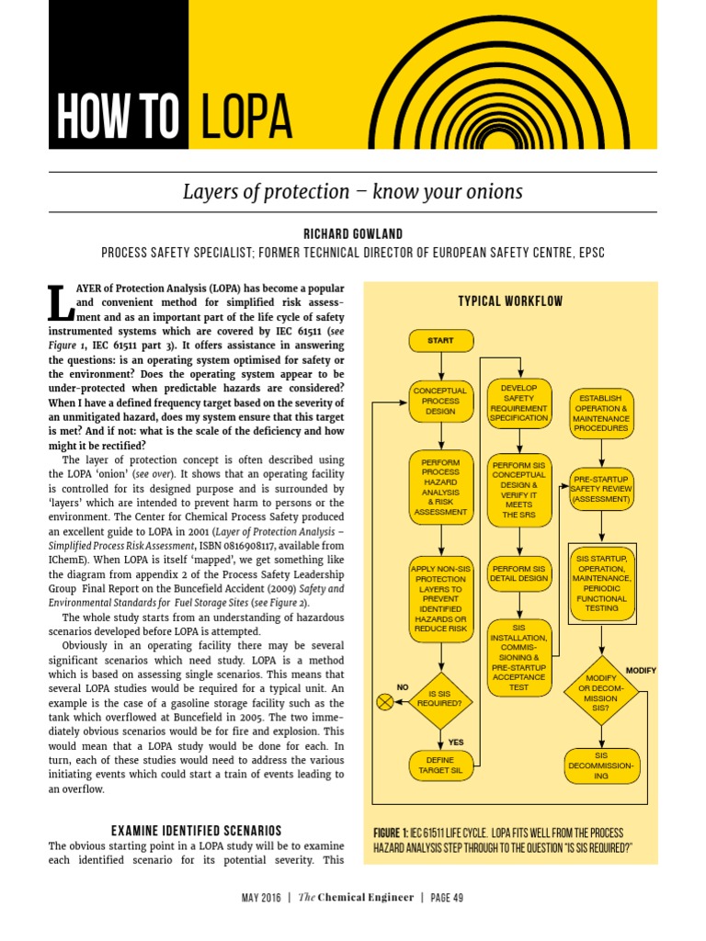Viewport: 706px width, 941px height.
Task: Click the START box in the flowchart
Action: (440, 341)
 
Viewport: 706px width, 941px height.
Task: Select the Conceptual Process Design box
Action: (440, 402)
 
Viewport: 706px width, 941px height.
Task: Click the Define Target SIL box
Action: (440, 765)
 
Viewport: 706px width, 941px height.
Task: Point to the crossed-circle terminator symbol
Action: (385, 703)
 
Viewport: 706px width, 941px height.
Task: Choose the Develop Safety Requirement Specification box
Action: (519, 402)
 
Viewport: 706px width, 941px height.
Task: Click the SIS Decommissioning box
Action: (600, 765)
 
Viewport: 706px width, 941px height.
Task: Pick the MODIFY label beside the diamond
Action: (641, 671)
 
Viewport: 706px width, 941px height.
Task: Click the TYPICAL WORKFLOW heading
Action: (510, 301)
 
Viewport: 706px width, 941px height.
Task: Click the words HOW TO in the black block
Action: (118, 118)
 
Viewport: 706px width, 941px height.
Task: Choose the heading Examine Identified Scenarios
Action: (196, 831)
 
